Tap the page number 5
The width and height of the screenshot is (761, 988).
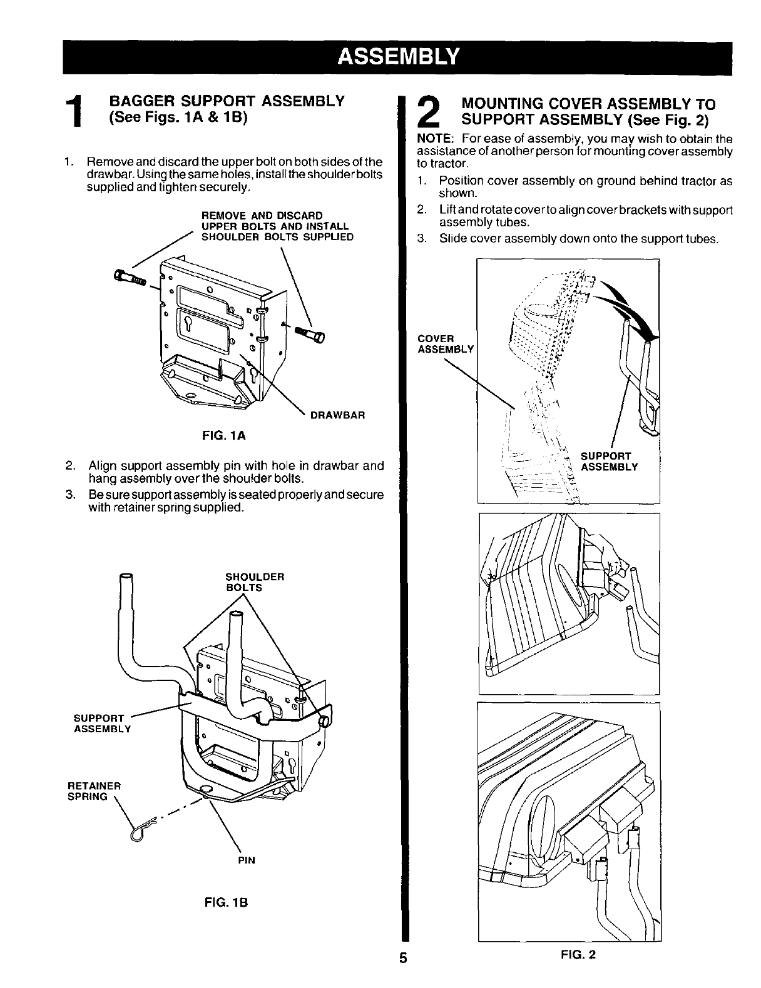click(404, 958)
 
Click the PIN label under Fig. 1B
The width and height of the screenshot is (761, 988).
click(247, 860)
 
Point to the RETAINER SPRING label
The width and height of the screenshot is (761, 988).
click(93, 790)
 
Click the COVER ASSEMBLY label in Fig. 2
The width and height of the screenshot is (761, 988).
click(446, 343)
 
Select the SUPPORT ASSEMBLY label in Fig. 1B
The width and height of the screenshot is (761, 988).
click(103, 723)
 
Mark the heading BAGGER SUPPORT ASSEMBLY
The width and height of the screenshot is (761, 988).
click(227, 101)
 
